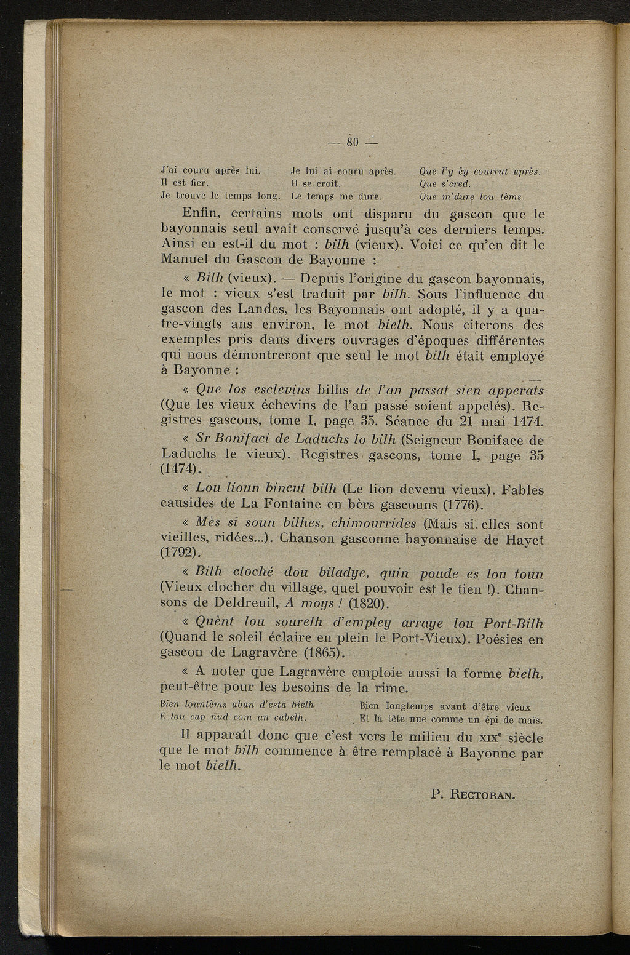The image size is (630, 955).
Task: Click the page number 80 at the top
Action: coord(353,143)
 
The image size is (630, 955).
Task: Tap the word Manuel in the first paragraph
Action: coord(182,260)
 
